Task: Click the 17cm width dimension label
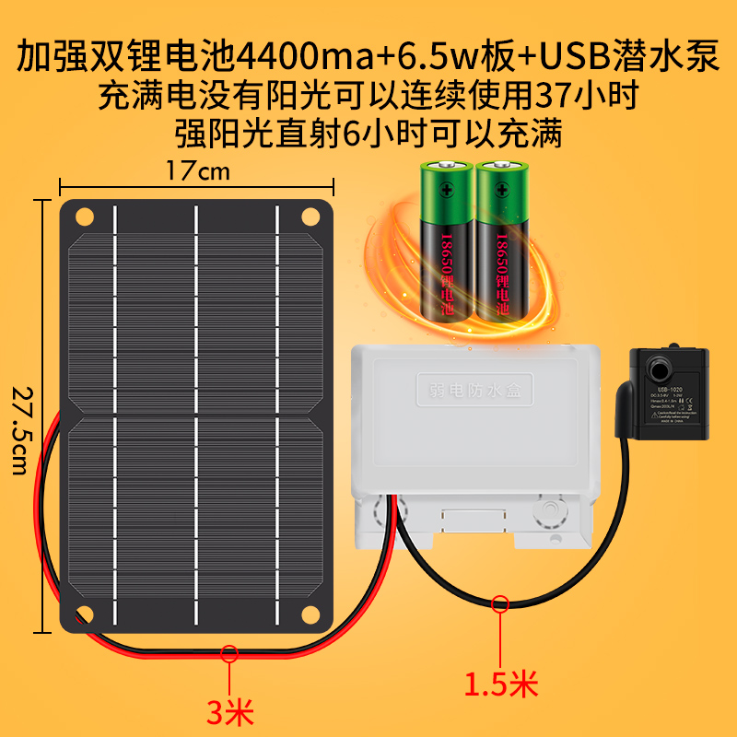tap(197, 171)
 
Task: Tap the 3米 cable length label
tap(228, 710)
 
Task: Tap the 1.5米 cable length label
tap(500, 684)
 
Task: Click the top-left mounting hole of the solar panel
tap(85, 217)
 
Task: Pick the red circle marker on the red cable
tap(229, 654)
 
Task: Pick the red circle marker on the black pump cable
tap(500, 604)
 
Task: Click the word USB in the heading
tap(571, 57)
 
